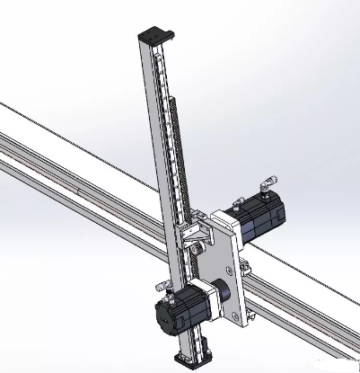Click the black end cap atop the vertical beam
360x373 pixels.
pos(154,37)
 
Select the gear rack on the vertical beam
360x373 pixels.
pos(176,144)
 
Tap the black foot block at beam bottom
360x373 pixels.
pos(190,360)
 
